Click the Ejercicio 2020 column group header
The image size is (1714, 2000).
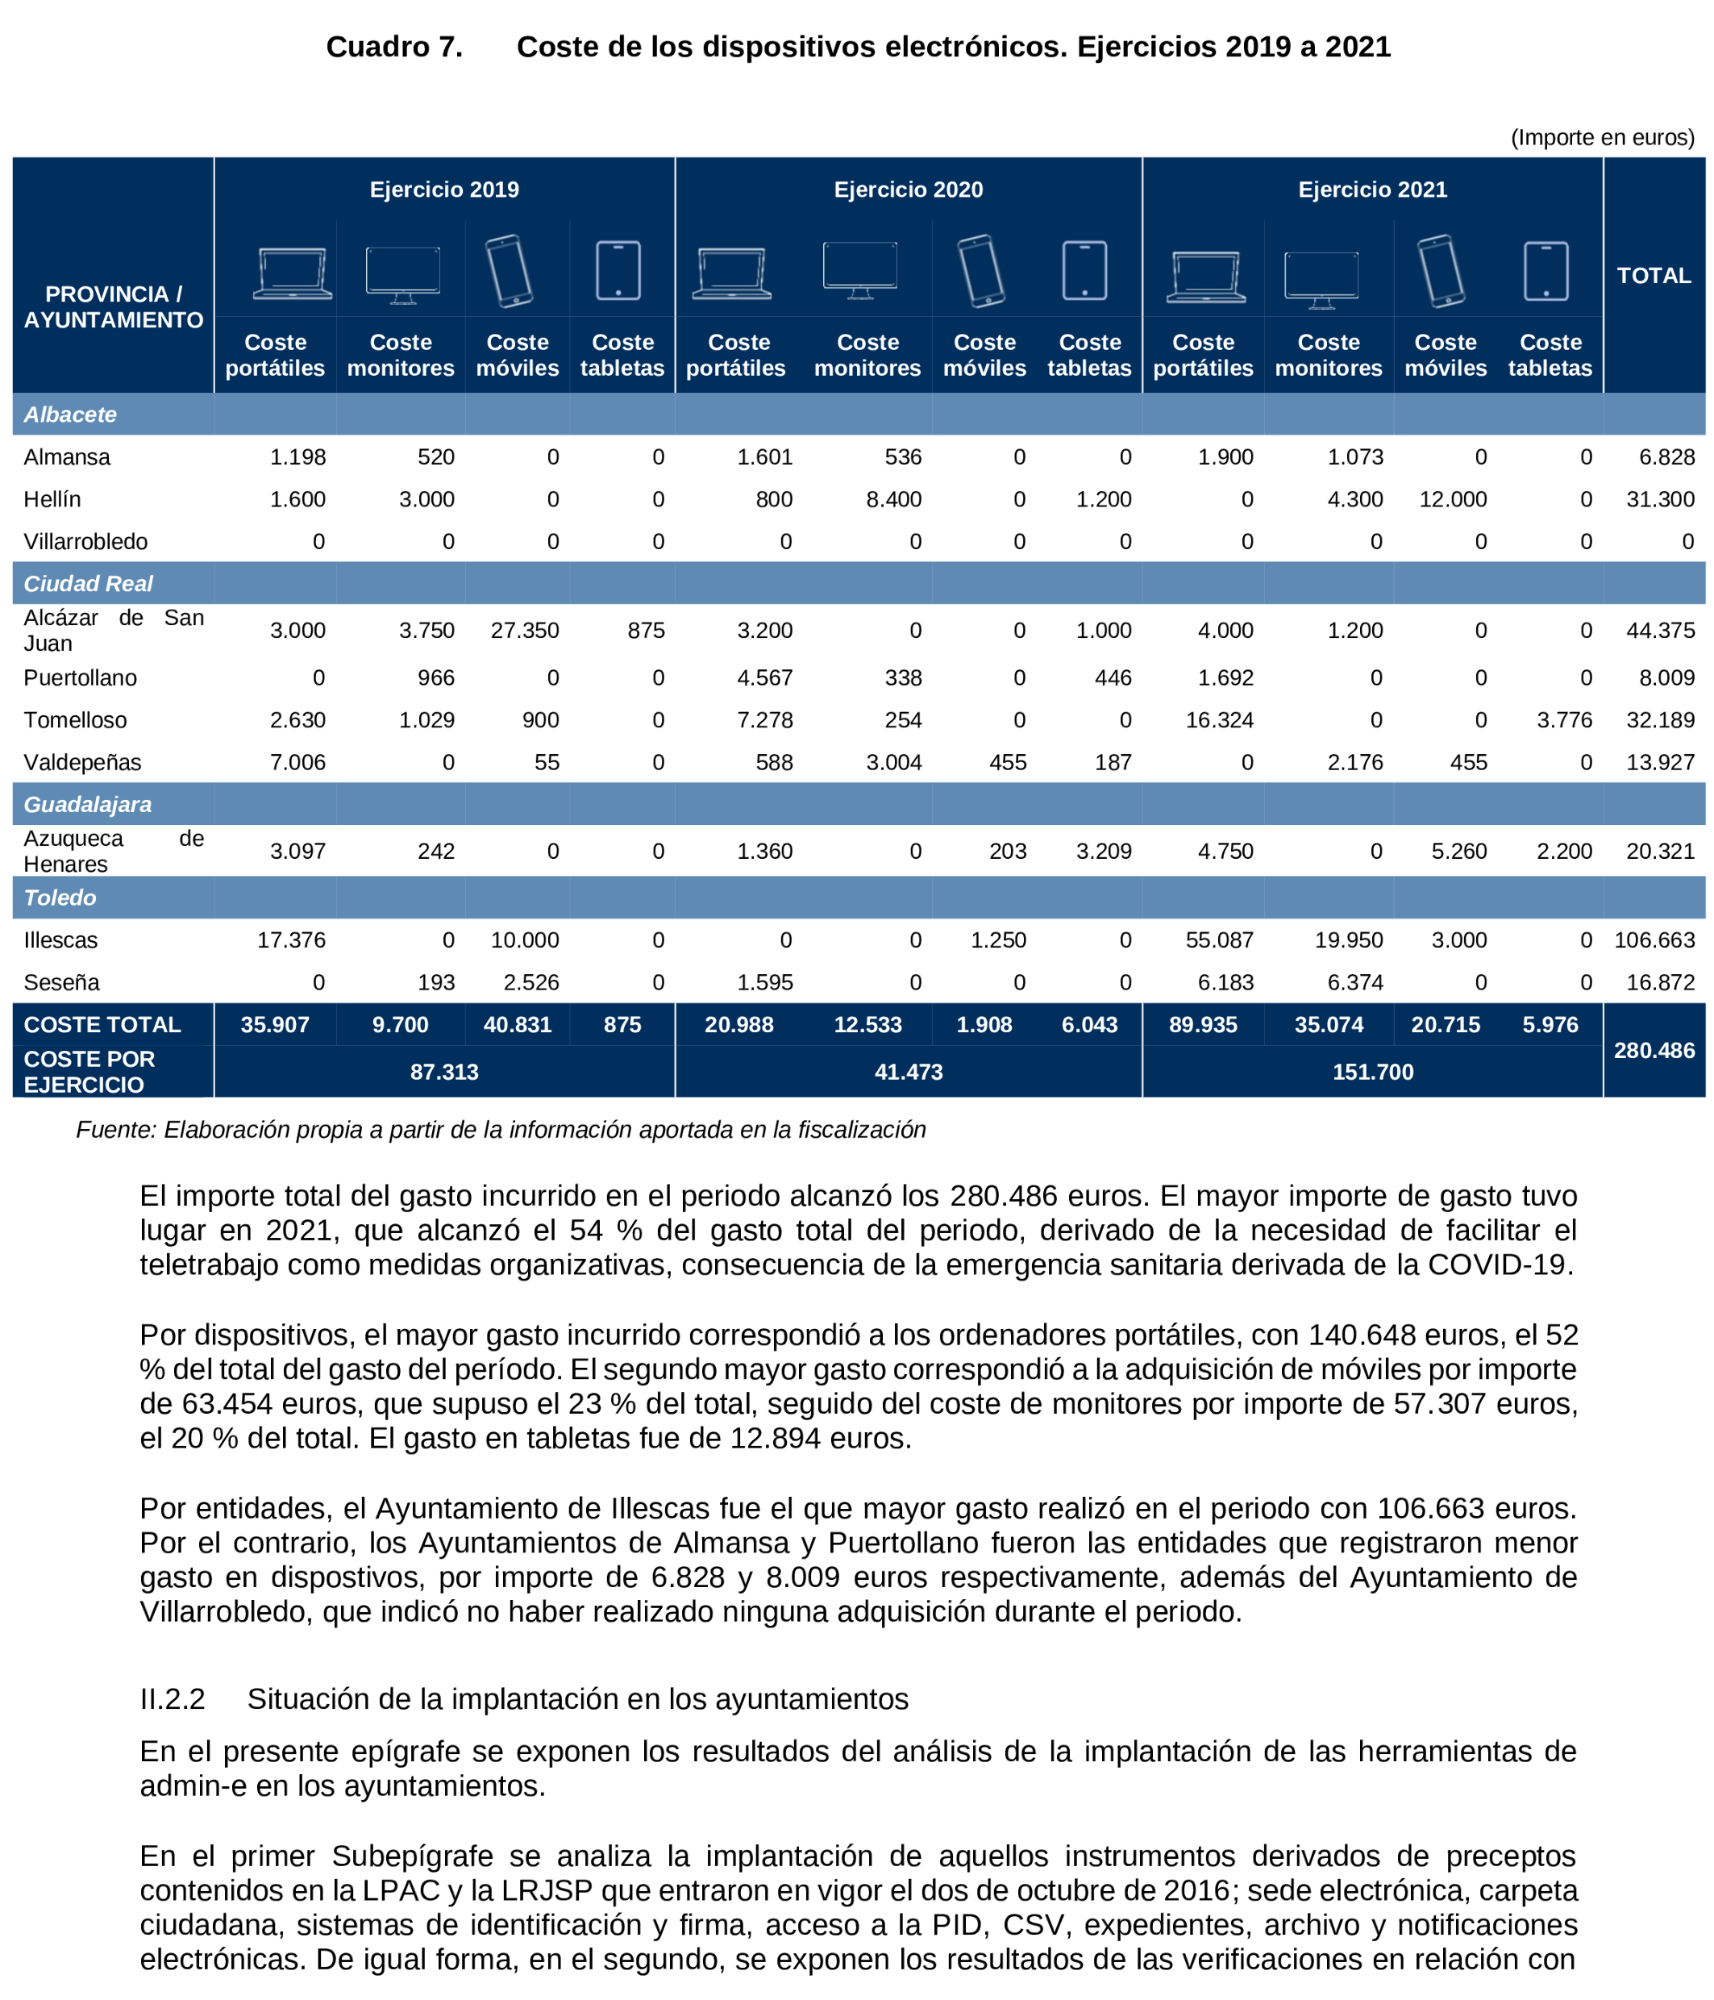point(907,190)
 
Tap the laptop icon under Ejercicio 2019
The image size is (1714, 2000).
point(293,274)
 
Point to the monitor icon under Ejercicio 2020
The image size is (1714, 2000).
point(859,269)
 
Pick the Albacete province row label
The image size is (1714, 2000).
point(70,414)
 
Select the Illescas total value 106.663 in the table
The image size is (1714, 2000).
point(1654,940)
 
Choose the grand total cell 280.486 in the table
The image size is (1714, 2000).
point(1654,1050)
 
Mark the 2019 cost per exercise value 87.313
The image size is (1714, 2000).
point(444,1072)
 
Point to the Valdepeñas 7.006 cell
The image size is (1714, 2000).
point(297,763)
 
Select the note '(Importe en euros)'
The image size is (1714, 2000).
point(1601,137)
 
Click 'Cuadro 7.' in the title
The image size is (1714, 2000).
point(393,46)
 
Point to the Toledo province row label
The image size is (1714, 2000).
point(60,898)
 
